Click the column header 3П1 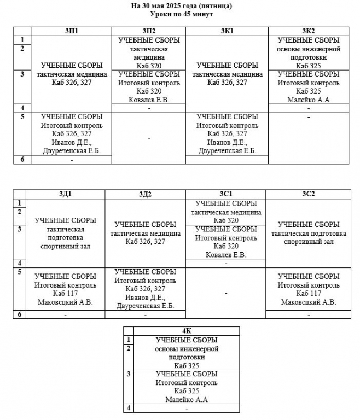coord(72,31)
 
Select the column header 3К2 coord(309,31)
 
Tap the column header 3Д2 coord(145,194)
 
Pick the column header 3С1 coord(226,194)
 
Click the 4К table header coord(187,331)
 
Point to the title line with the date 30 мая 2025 coord(182,6)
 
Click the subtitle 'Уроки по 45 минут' coord(182,14)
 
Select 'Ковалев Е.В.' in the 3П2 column coord(149,100)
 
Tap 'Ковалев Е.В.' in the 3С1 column coord(226,255)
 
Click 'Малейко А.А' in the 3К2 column coord(309,100)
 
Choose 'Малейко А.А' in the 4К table coord(187,400)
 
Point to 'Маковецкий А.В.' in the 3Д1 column coord(65,302)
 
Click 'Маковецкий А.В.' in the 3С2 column coord(309,302)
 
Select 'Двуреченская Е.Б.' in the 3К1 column coord(227,151)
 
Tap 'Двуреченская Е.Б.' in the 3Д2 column coord(145,306)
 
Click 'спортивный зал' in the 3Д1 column coord(65,246)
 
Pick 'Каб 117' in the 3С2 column coord(309,294)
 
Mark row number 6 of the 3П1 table coord(22,159)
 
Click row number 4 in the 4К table coord(129,408)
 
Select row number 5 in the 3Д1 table coord(19,272)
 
